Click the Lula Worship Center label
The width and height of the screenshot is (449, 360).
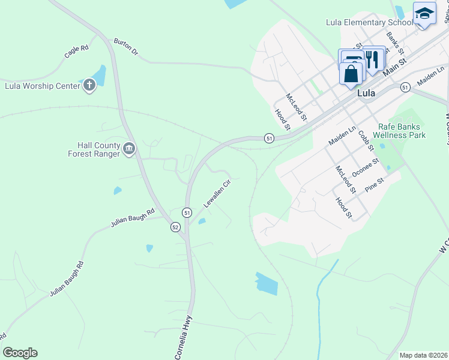click(x=42, y=86)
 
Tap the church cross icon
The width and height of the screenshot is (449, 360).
click(x=89, y=85)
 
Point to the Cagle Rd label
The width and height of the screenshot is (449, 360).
click(x=77, y=52)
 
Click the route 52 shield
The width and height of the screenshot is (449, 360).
click(x=175, y=227)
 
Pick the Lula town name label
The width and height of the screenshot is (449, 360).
click(x=366, y=94)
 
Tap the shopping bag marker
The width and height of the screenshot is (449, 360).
click(x=351, y=74)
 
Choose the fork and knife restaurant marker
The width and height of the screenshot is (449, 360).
click(x=373, y=59)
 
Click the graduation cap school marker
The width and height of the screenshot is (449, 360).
click(x=424, y=13)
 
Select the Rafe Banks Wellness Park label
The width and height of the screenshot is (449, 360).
click(x=402, y=131)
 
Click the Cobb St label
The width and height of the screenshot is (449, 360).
click(x=366, y=139)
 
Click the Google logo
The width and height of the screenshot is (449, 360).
click(x=20, y=353)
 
